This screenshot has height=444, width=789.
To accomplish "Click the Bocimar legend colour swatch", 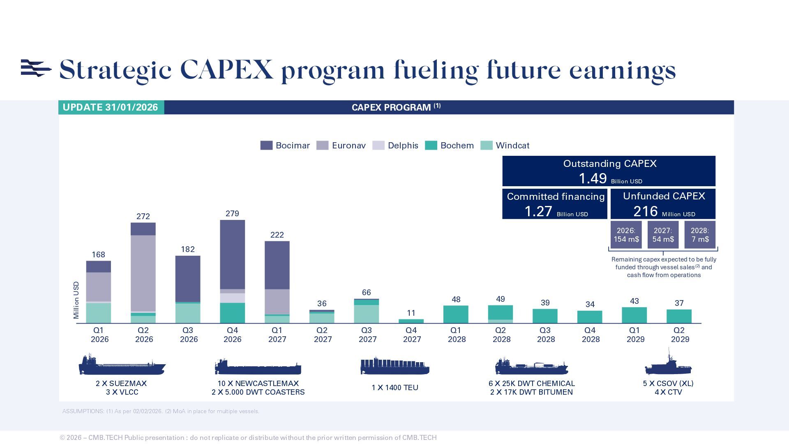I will [x=266, y=146].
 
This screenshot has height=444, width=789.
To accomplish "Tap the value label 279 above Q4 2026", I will [x=232, y=213].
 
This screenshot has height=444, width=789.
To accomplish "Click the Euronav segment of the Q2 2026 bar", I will [x=143, y=273].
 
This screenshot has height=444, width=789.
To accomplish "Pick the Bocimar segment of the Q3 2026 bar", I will [x=188, y=279].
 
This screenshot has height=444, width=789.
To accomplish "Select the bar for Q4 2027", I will [x=411, y=321].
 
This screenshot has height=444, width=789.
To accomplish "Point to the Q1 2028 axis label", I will [x=456, y=335].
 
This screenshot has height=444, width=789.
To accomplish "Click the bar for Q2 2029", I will [x=679, y=316].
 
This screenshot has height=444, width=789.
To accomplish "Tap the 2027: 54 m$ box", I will [x=663, y=235].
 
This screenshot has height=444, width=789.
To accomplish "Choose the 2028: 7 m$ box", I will [x=700, y=235].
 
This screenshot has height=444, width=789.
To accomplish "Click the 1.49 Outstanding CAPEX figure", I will [x=593, y=178].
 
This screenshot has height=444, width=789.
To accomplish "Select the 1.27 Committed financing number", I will [x=538, y=211].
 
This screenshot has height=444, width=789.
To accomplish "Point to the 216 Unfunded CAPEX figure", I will [x=645, y=211].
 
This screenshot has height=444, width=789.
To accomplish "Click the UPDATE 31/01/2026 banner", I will [x=111, y=107].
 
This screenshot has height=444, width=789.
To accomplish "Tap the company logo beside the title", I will [x=36, y=68].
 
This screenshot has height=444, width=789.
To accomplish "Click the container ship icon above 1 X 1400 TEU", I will [x=394, y=365].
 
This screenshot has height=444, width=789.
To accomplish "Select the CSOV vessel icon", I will [x=668, y=363].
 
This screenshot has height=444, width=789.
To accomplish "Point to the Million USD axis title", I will [x=76, y=300].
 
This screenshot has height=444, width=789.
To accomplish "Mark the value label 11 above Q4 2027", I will [x=411, y=313].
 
